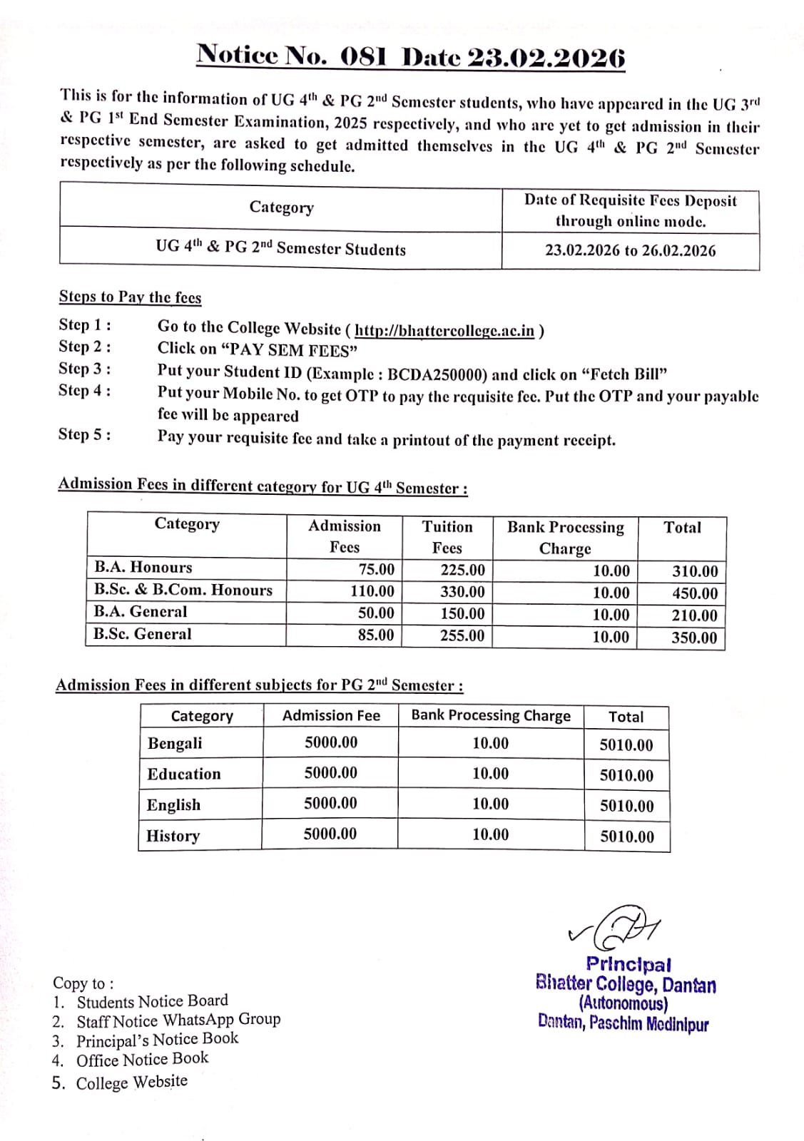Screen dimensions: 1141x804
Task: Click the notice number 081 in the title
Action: tap(363, 56)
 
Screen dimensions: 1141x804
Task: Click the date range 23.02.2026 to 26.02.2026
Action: tap(630, 250)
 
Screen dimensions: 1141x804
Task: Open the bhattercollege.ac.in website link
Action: tap(444, 330)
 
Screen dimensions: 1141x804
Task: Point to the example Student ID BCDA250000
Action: tap(437, 374)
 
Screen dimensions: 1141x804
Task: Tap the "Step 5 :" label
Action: tap(84, 434)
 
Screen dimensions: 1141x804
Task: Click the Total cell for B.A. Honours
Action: tap(695, 571)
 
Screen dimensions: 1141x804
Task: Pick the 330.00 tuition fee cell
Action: tap(462, 592)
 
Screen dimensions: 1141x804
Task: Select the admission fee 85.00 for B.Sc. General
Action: tap(376, 635)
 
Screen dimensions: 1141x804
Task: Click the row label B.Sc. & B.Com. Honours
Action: tap(183, 590)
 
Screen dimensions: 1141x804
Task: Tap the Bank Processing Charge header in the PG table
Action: tap(491, 715)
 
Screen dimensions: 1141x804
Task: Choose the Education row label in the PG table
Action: tap(184, 774)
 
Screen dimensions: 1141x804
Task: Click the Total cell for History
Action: tap(626, 836)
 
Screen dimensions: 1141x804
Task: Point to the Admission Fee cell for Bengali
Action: tap(331, 742)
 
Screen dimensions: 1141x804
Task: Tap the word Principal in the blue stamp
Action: tap(628, 964)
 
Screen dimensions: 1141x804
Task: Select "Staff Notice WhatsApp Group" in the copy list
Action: tap(178, 1020)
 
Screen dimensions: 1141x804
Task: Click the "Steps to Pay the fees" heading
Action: tap(130, 297)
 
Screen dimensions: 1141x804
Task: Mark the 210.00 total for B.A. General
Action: tap(694, 615)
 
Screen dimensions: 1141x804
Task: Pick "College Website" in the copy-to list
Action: tap(132, 1083)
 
